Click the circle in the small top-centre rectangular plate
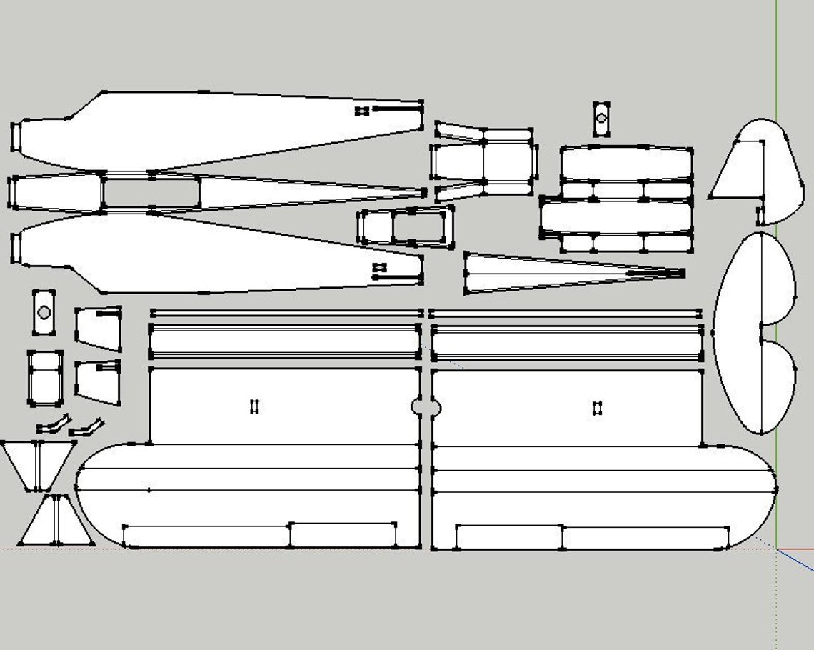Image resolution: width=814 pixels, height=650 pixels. (601, 118)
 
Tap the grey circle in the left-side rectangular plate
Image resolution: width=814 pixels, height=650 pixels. (44, 312)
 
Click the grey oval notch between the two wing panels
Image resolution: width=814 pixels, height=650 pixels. (426, 408)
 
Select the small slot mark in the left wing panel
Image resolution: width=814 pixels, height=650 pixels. (254, 406)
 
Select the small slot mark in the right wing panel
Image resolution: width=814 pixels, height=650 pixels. (598, 408)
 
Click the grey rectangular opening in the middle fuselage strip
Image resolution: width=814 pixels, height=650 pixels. (151, 192)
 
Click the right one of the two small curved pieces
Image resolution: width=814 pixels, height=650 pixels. (86, 427)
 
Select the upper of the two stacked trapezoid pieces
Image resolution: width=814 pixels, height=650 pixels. (99, 329)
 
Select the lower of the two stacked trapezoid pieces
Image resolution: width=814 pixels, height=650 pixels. (99, 383)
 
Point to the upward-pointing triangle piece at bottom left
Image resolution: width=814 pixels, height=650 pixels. (56, 521)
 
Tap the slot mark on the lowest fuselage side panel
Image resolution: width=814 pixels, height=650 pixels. (380, 267)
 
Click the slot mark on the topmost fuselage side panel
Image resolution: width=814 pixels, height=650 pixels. (363, 111)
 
